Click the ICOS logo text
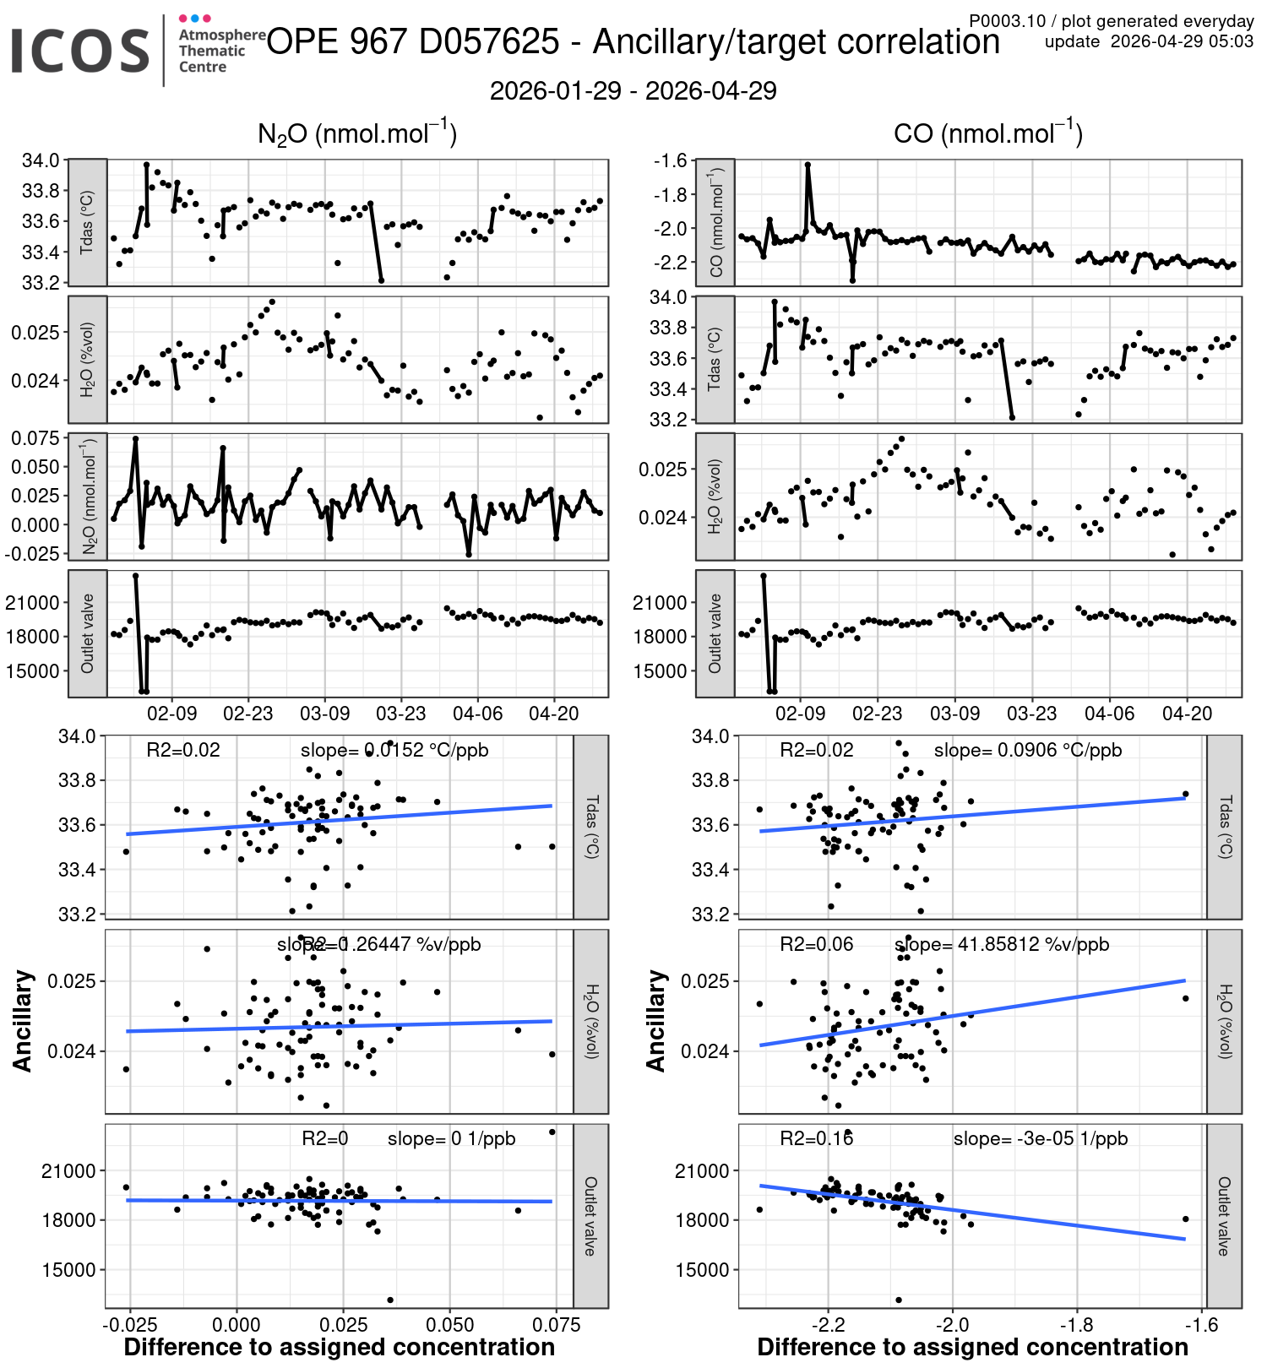tap(80, 51)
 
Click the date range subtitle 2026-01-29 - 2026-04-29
tap(633, 91)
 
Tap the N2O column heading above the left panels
tap(356, 133)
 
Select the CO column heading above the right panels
tap(987, 133)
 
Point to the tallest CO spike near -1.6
tap(808, 166)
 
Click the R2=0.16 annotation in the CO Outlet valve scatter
tap(816, 1138)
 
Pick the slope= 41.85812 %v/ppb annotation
tap(1001, 944)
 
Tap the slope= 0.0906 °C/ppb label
tap(1027, 750)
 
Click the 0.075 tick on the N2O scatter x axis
tap(557, 1325)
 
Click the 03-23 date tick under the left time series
tap(400, 714)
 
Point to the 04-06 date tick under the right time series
tap(1109, 714)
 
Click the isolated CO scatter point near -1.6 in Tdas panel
tap(1185, 794)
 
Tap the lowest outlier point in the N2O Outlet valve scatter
tap(390, 1300)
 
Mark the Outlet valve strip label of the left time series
tap(87, 633)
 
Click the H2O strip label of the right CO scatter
tap(1224, 1021)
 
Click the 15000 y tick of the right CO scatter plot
tap(701, 1269)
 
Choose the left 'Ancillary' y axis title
tap(23, 1021)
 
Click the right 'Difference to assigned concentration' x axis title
tap(972, 1347)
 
